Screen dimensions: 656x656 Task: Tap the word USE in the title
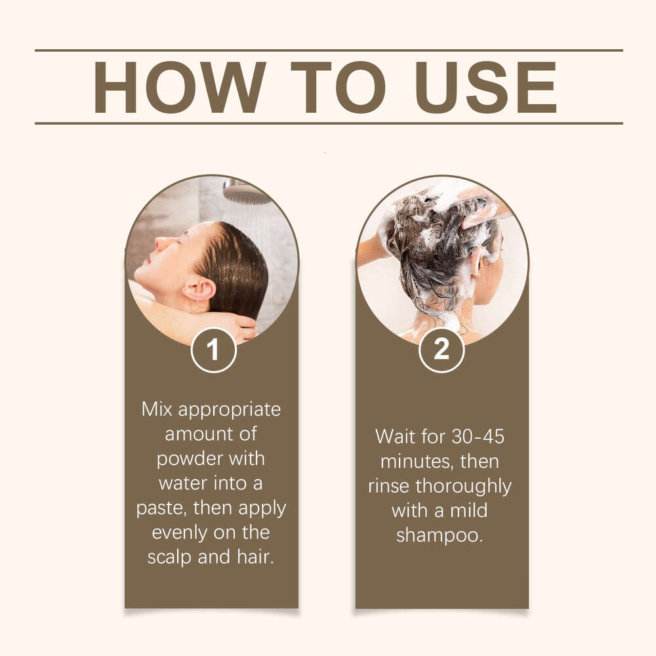click(x=485, y=87)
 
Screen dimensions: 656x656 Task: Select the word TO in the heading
click(x=338, y=87)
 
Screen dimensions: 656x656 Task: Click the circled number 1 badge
click(x=213, y=350)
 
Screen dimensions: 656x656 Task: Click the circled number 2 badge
click(x=441, y=350)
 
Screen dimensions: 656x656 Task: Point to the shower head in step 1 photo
click(x=246, y=191)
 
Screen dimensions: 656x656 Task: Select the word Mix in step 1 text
click(x=157, y=409)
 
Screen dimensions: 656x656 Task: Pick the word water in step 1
click(x=183, y=483)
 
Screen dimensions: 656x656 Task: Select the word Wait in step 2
click(x=396, y=437)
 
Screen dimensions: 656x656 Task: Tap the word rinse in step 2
click(x=388, y=487)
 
